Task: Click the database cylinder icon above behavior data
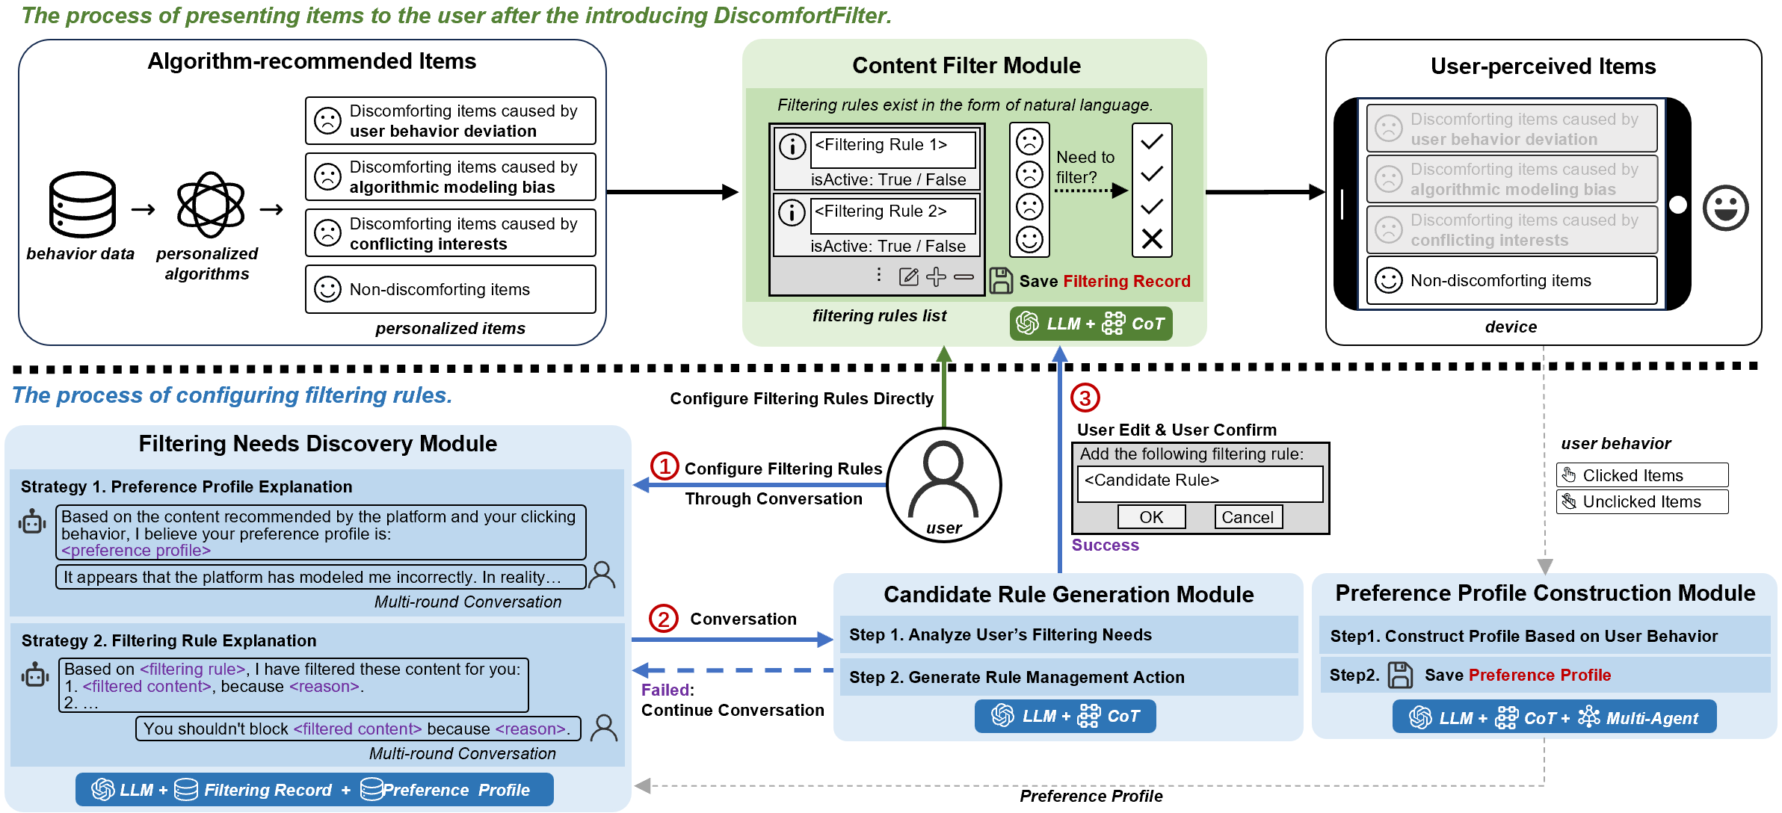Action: pyautogui.click(x=82, y=204)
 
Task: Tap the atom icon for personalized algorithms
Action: pyautogui.click(x=210, y=205)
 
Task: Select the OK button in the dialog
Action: pyautogui.click(x=1151, y=517)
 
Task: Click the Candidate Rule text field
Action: pyautogui.click(x=1200, y=483)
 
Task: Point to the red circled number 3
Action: pyautogui.click(x=1085, y=398)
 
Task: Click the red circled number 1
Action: pyautogui.click(x=665, y=466)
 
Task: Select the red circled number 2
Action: pyautogui.click(x=664, y=619)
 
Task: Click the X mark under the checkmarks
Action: pyautogui.click(x=1152, y=239)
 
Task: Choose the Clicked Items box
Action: pyautogui.click(x=1641, y=475)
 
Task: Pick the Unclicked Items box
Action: pyautogui.click(x=1641, y=502)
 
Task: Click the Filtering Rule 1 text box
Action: pyautogui.click(x=893, y=149)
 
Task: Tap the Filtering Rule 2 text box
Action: pyautogui.click(x=893, y=215)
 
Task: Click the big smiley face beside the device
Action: pyautogui.click(x=1725, y=207)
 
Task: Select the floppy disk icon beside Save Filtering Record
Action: pyautogui.click(x=1001, y=281)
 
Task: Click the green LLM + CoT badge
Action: pyautogui.click(x=1091, y=324)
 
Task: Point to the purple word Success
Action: pyautogui.click(x=1105, y=545)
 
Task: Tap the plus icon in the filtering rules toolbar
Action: pyautogui.click(x=936, y=277)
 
